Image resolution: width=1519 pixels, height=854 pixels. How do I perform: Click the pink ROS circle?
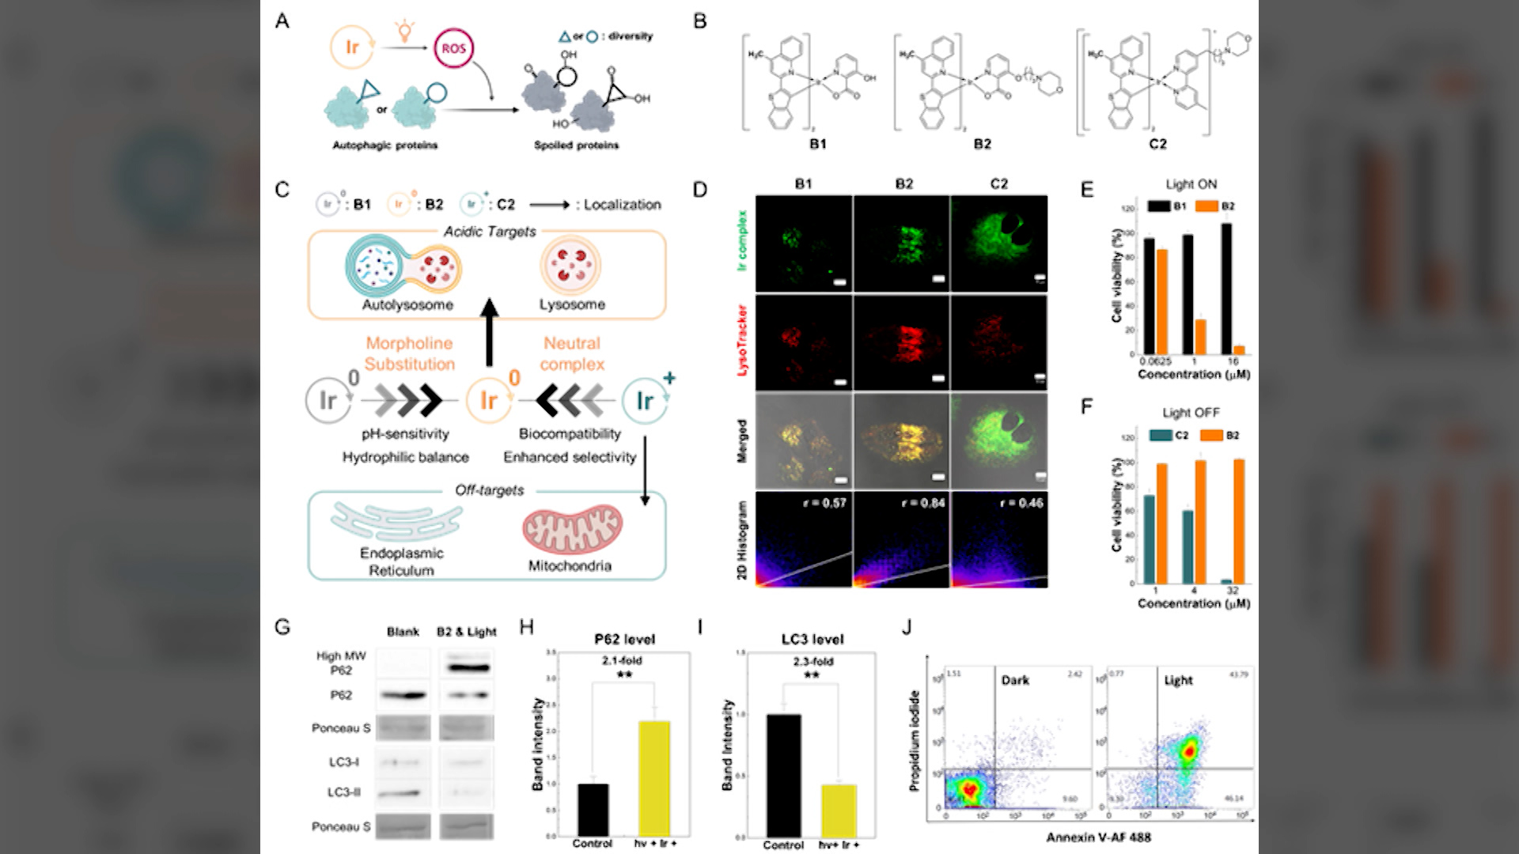pyautogui.click(x=453, y=48)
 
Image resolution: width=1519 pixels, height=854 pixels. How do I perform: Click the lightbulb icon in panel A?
pyautogui.click(x=404, y=31)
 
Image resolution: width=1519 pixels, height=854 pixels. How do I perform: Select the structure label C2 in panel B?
pyautogui.click(x=1157, y=144)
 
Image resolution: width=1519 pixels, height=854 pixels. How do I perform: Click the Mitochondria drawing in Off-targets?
pyautogui.click(x=572, y=529)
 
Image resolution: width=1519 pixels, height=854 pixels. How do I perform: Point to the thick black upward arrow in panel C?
pyautogui.click(x=490, y=332)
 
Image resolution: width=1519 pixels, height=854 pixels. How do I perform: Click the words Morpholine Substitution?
pyautogui.click(x=409, y=353)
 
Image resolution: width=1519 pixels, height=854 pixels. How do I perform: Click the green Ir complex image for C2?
pyautogui.click(x=998, y=244)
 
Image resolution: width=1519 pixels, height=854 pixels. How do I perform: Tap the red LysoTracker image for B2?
pyautogui.click(x=902, y=342)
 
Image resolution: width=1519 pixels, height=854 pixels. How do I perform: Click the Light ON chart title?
pyautogui.click(x=1191, y=184)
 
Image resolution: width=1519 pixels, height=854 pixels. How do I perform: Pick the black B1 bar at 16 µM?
pyautogui.click(x=1226, y=289)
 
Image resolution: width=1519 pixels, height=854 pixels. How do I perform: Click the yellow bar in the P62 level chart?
pyautogui.click(x=654, y=778)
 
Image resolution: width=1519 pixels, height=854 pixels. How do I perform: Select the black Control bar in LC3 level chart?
pyautogui.click(x=783, y=775)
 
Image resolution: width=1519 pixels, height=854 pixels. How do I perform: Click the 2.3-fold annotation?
pyautogui.click(x=813, y=661)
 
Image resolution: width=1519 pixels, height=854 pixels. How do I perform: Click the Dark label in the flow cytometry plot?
pyautogui.click(x=1015, y=680)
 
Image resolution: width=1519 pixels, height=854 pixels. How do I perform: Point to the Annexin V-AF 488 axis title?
pyautogui.click(x=1098, y=837)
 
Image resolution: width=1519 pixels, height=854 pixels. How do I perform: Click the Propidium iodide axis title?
pyautogui.click(x=915, y=741)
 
